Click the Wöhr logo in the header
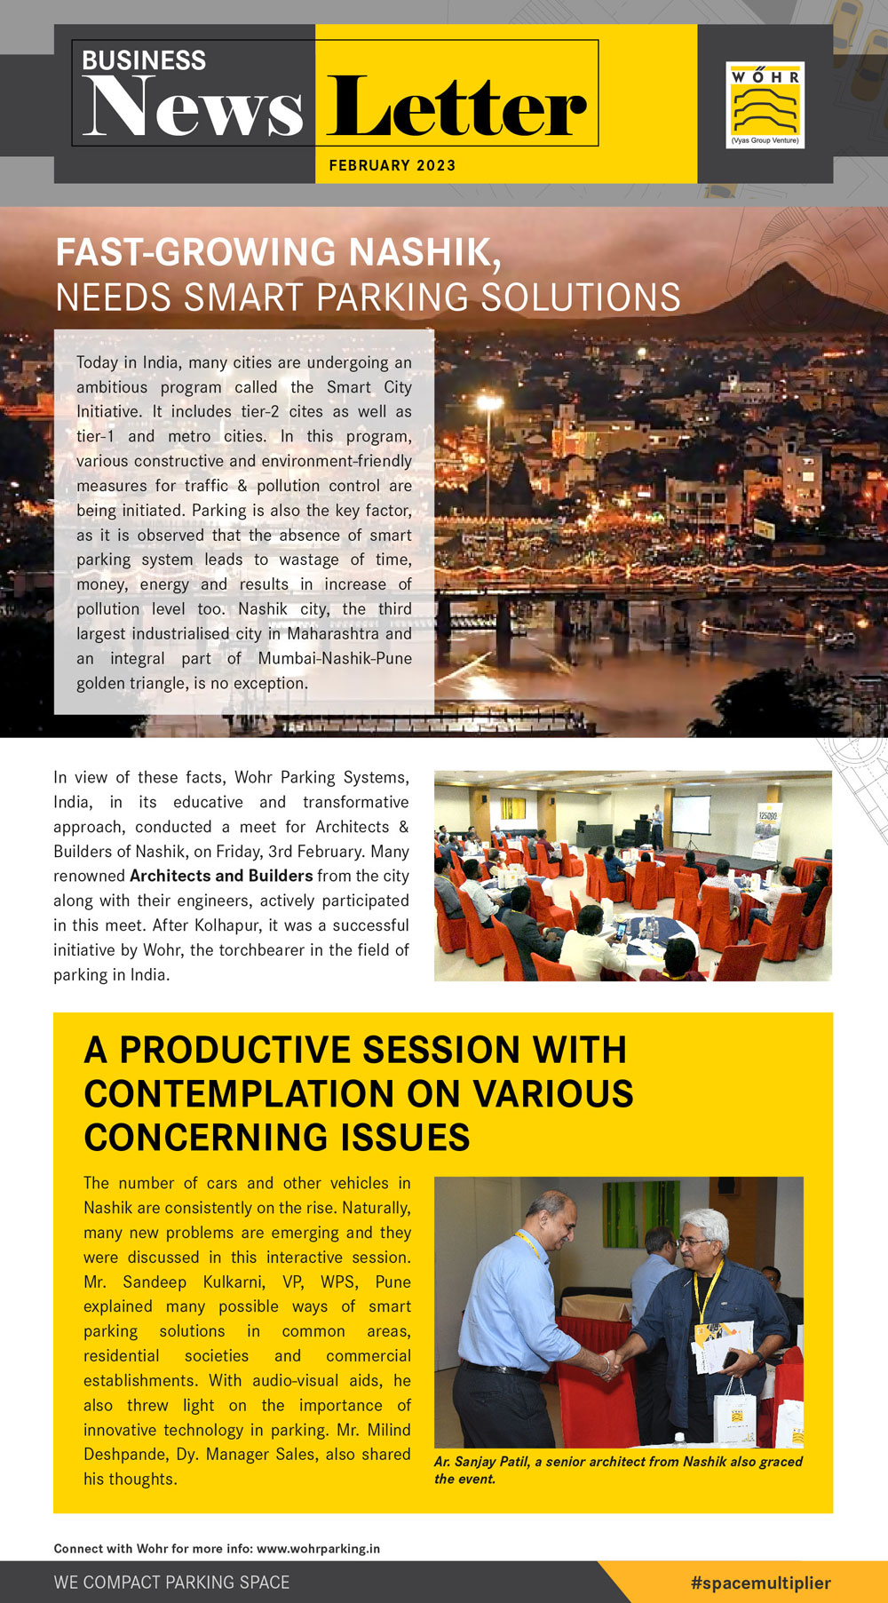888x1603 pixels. (x=765, y=104)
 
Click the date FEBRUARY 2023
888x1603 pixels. (x=392, y=165)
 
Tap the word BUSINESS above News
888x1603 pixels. (x=144, y=60)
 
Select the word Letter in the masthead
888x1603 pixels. (x=456, y=109)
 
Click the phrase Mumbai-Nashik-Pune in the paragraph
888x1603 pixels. (x=335, y=658)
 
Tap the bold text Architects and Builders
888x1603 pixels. (x=221, y=876)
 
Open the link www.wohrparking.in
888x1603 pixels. (x=318, y=1548)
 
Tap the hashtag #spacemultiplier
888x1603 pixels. (x=760, y=1583)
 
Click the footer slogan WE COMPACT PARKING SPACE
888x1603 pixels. (x=171, y=1583)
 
